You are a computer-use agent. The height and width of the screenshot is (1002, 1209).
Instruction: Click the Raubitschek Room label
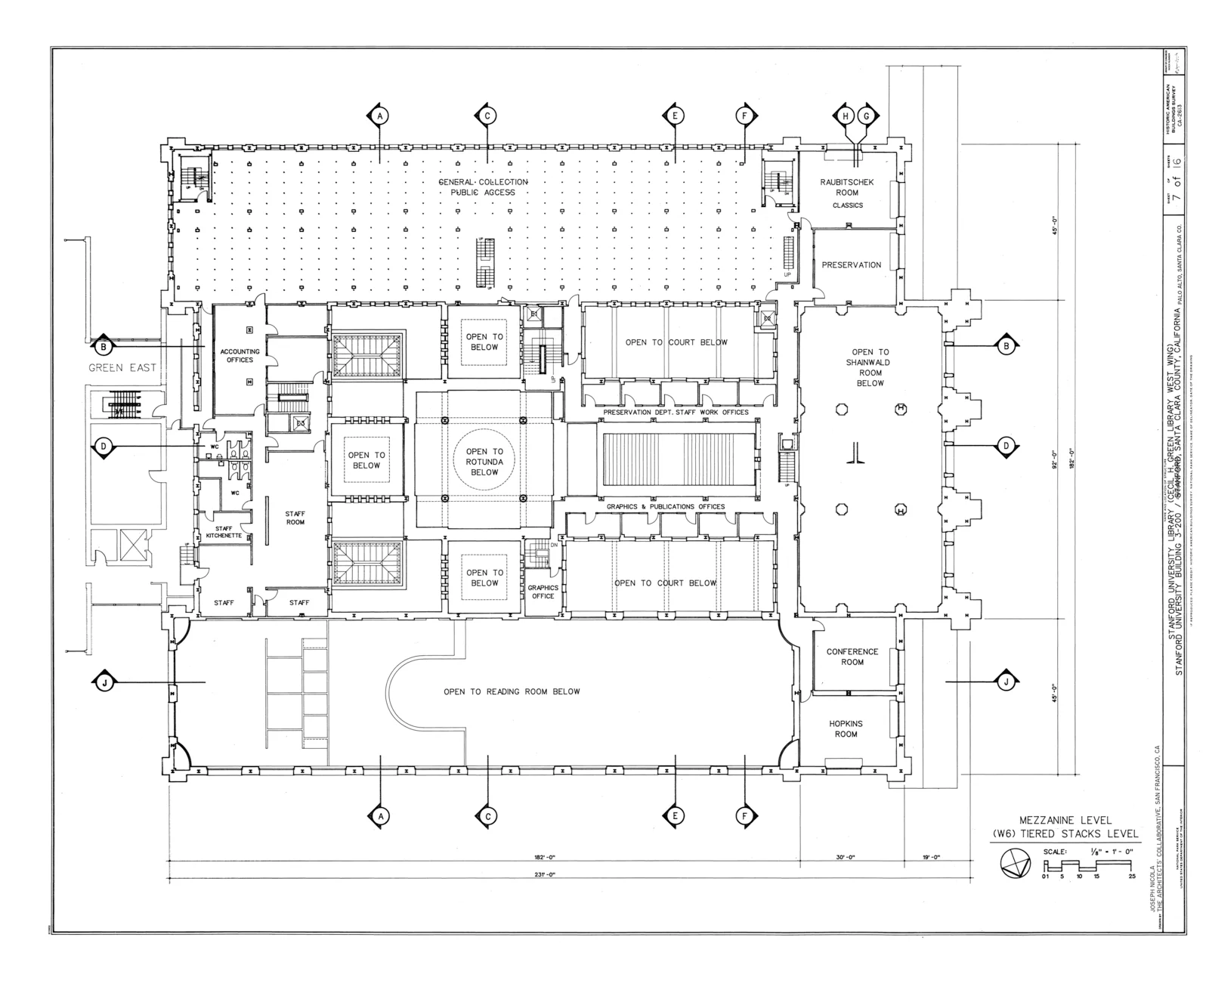(x=847, y=187)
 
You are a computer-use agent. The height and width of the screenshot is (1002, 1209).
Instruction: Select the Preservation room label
(x=852, y=265)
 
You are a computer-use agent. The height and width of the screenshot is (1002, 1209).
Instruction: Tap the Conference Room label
(x=852, y=657)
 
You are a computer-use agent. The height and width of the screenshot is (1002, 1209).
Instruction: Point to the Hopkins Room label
(x=846, y=728)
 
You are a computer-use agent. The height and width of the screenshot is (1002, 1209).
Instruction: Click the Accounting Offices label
(x=240, y=355)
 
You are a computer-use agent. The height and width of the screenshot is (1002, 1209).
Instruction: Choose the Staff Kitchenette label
(x=224, y=532)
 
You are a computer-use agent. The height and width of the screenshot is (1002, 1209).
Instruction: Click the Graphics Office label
(x=543, y=592)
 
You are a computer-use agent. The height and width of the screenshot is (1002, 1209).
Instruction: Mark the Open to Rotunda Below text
(x=484, y=462)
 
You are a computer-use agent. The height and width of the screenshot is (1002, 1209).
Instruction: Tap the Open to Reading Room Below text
(x=512, y=691)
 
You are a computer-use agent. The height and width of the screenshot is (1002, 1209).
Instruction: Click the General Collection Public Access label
(x=484, y=187)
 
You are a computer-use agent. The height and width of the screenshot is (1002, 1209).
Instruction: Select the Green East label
(x=122, y=368)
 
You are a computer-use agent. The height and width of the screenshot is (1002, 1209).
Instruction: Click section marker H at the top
(x=846, y=116)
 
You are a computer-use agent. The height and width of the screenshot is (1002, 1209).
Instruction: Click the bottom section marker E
(x=674, y=815)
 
